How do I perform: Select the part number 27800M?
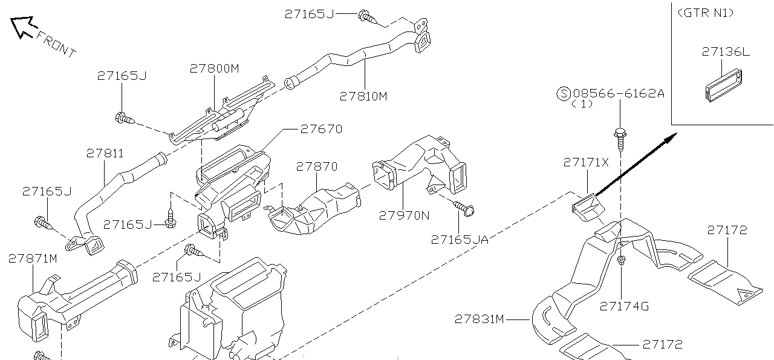[x=214, y=68]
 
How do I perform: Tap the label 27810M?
[x=363, y=96]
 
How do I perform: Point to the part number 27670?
[x=321, y=129]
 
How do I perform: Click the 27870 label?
[x=317, y=166]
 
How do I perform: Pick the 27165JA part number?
[x=460, y=239]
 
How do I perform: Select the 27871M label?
[x=33, y=259]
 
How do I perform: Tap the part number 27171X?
[x=586, y=162]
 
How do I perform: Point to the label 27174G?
[x=624, y=306]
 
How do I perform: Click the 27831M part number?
[x=480, y=318]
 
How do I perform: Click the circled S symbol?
[x=563, y=93]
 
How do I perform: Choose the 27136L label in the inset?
[x=726, y=51]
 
